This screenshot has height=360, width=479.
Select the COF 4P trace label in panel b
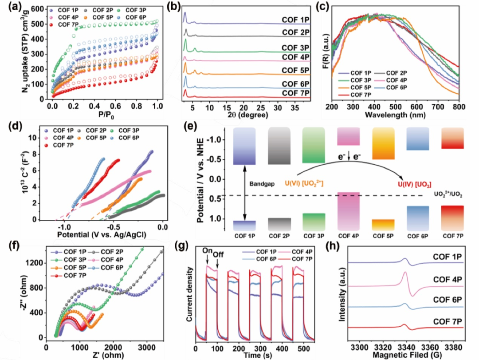pos(296,57)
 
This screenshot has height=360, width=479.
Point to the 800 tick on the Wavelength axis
pos(458,107)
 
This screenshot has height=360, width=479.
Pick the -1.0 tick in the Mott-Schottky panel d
pos(63,226)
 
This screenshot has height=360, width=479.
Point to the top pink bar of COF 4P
pos(348,136)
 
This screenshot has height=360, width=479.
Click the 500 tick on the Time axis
pos(304,345)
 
